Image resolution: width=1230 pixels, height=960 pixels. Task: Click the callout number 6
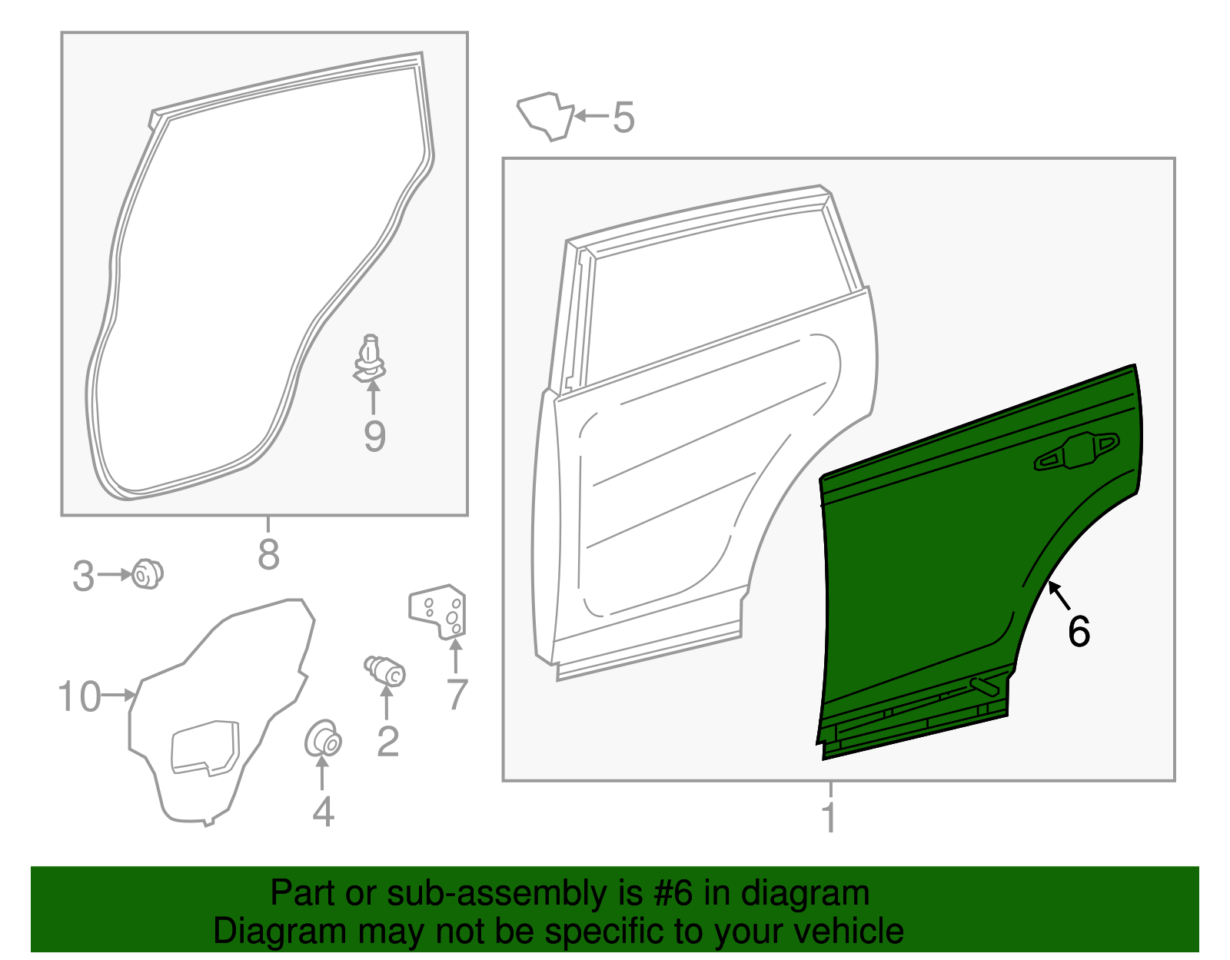point(1079,632)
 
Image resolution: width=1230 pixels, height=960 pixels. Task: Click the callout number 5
point(623,118)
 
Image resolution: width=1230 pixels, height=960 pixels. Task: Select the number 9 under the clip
point(374,436)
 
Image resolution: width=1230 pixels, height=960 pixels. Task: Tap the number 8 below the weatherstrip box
point(268,553)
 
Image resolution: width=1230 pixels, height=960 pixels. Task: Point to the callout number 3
point(83,576)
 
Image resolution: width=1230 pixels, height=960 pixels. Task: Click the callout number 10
point(79,696)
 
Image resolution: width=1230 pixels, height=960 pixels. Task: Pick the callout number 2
point(387,741)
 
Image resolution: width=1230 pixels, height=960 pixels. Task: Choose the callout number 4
point(323,812)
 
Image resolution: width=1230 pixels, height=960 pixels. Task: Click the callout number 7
point(457,694)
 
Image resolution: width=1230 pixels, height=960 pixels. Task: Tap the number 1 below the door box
point(829,817)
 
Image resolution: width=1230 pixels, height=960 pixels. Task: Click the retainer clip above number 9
point(370,360)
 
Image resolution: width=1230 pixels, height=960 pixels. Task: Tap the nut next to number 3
point(147,574)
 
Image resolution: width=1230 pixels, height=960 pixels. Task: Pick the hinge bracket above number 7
point(439,611)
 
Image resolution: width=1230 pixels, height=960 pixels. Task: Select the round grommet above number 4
point(323,739)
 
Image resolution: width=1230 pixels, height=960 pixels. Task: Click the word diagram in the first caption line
point(821,893)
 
